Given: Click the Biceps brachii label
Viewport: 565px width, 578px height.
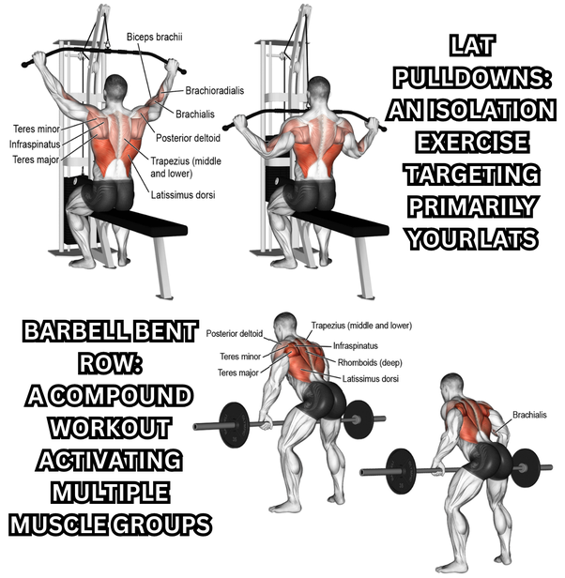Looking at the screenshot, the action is coord(155,37).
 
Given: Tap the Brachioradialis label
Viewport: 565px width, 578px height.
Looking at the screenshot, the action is coord(215,91).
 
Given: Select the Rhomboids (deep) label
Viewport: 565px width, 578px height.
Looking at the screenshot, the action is coord(370,363).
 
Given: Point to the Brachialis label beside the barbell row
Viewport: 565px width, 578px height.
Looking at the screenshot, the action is coord(529,415).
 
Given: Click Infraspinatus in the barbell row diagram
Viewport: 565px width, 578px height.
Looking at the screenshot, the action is coord(356,345).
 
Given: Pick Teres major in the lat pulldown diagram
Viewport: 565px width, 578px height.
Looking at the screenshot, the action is coord(36,160).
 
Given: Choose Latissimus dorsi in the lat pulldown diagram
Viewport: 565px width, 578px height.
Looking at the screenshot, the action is coord(183,195).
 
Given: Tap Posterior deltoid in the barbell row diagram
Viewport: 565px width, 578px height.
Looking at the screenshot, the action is coord(235,334).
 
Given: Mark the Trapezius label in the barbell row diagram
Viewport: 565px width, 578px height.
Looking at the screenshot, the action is coord(361,326).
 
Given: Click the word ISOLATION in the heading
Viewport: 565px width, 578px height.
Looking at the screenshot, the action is coord(492,110).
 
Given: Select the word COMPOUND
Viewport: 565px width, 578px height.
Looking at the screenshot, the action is coord(121,396).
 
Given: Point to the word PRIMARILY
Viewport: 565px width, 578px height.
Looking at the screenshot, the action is coord(472,206).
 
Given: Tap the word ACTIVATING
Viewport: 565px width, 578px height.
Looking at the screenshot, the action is coord(110,461).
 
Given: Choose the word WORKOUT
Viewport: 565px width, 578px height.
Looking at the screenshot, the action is coord(110,428).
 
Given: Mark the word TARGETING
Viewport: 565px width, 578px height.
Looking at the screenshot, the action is coord(472,175).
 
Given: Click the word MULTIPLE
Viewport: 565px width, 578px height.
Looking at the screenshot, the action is coord(110,493).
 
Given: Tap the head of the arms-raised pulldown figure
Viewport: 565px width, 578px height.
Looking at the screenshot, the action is coord(115,87).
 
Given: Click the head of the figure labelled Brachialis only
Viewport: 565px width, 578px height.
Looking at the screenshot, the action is coord(452,387).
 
